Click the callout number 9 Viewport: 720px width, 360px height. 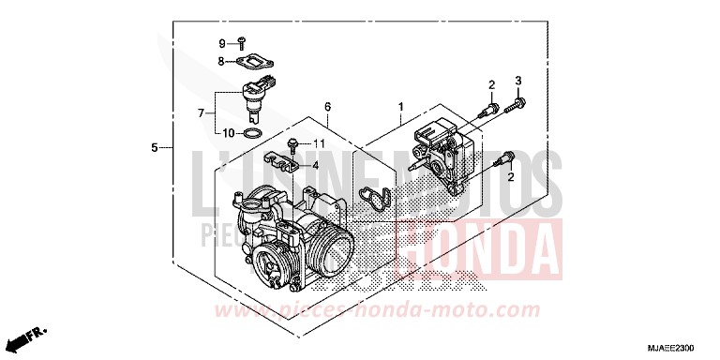tap(222, 43)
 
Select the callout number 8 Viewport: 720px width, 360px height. tap(222, 62)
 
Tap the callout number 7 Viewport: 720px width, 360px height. tap(201, 113)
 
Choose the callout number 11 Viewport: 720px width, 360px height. tap(318, 143)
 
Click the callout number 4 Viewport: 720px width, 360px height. tap(315, 165)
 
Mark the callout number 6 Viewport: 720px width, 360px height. tap(328, 108)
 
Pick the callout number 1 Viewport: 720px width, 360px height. tap(400, 108)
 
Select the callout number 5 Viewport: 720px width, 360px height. tap(155, 148)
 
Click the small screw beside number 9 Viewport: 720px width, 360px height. tap(241, 42)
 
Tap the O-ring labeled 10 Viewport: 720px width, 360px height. tap(252, 133)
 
